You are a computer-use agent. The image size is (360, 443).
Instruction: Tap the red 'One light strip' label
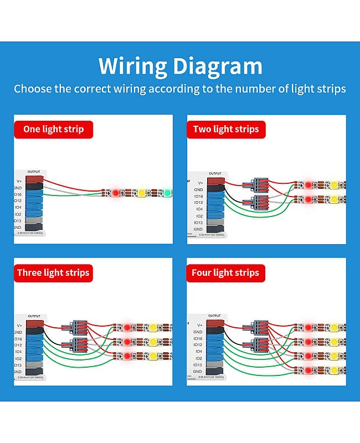tap(53, 130)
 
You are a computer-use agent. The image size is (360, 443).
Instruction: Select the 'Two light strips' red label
tap(226, 130)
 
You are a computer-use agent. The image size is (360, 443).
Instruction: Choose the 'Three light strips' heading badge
tap(53, 272)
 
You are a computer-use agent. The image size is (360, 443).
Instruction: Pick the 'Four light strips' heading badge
tap(225, 272)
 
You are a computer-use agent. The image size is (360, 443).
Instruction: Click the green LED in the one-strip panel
tap(167, 193)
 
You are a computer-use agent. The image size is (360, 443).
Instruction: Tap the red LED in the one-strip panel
tap(115, 193)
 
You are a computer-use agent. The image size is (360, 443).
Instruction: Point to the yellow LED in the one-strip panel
tap(141, 193)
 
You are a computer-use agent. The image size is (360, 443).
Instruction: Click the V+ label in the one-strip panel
tap(19, 181)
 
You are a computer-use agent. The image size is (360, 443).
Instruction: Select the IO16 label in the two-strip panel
tap(198, 196)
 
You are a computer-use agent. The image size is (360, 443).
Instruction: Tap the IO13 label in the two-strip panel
tap(198, 223)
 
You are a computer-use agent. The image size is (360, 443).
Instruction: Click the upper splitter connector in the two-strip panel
tap(259, 184)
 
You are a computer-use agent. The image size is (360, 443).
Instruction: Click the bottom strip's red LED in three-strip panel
tap(127, 356)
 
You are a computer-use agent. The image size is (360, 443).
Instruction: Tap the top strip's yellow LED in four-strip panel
tap(335, 327)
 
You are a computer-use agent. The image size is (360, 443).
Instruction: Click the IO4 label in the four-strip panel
tap(198, 352)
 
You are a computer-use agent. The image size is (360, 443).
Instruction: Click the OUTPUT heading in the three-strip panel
tap(34, 316)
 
